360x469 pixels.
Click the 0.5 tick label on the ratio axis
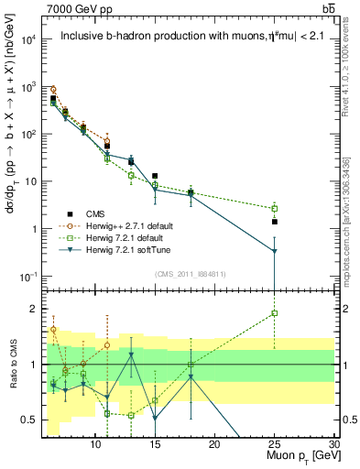29,420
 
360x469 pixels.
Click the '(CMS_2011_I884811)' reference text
190,274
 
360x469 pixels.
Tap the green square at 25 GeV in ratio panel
274,313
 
